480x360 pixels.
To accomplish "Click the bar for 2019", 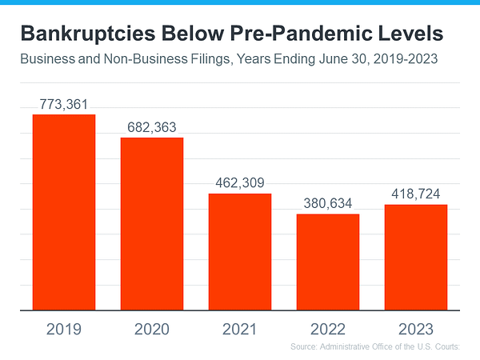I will pos(64,212).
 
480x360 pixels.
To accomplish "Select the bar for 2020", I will pos(152,223).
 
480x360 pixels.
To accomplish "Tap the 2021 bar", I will pos(240,251).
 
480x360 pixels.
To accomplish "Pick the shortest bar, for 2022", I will pos(328,262).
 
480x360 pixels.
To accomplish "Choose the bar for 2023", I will pos(415,257).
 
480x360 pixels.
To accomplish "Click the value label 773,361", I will pos(64,104).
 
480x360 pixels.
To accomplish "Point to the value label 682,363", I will pos(152,127).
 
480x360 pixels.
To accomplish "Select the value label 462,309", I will pos(240,183).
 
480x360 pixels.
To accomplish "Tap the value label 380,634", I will pos(328,203).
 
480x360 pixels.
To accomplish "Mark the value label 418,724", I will pos(415,194).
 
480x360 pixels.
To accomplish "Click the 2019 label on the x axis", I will pos(64,328).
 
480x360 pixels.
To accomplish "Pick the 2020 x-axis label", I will pos(152,328).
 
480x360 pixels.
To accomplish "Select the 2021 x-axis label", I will pos(240,328).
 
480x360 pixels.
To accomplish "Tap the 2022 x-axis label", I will pos(328,328).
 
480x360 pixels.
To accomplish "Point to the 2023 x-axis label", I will pos(415,328).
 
